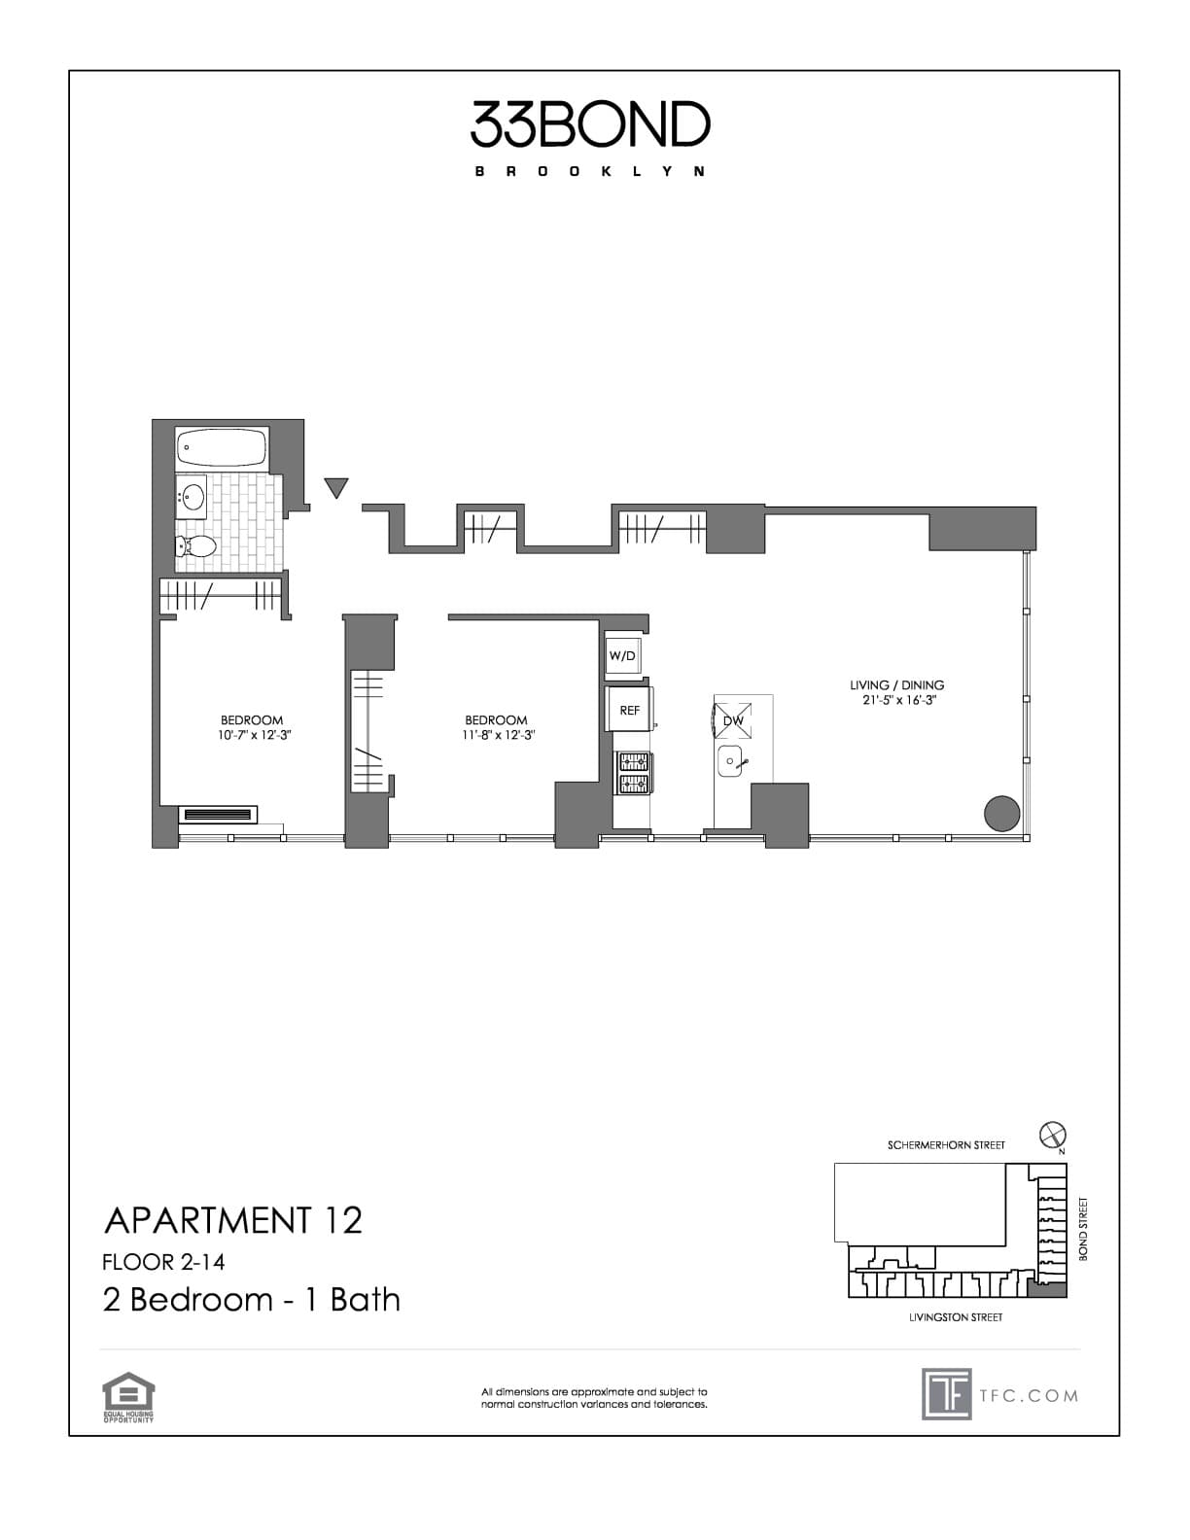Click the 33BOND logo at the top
591,125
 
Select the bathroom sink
193,498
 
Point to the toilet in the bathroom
195,546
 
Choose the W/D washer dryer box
623,656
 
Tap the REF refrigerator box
630,710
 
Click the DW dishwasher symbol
733,720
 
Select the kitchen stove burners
632,773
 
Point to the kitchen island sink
730,763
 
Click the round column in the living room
1001,812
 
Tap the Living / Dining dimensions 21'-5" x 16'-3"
898,699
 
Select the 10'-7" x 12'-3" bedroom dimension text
255,735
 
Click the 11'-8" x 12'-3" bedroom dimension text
499,735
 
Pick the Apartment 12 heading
233,1220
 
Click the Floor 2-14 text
163,1262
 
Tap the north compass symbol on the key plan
1053,1134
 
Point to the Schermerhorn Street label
946,1145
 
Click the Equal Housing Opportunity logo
129,1397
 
